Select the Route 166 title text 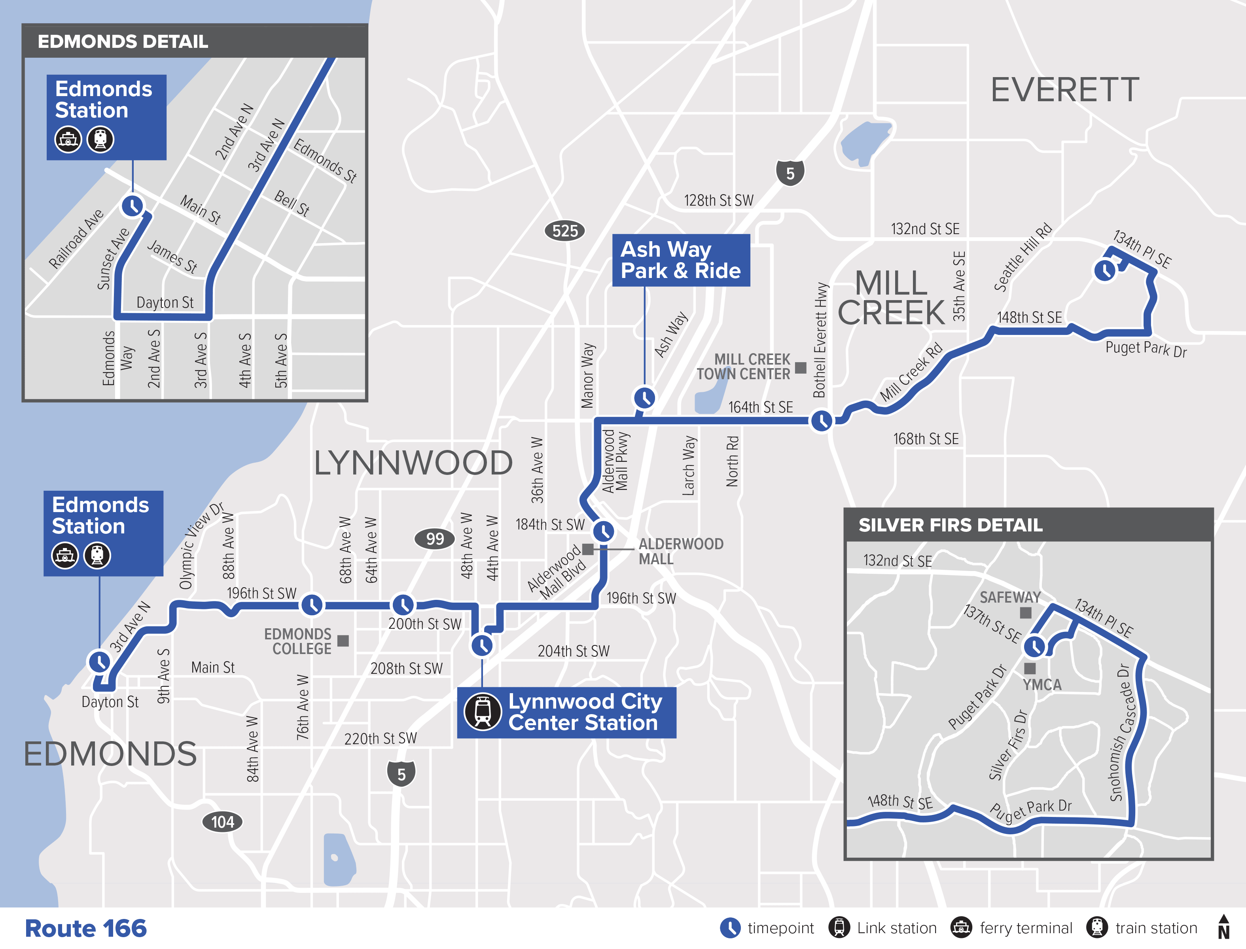tap(86, 928)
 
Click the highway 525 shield tap(564, 231)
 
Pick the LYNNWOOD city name tap(413, 463)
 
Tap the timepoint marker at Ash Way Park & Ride tap(644, 398)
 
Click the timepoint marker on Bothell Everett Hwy tap(821, 421)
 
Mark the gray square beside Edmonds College tap(343, 641)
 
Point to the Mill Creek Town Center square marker tap(801, 368)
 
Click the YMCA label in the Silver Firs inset tap(1042, 684)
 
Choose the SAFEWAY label tap(1010, 597)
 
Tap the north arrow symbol tap(1223, 927)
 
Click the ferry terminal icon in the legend tap(961, 927)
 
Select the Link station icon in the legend tap(839, 927)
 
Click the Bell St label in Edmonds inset tap(292, 203)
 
